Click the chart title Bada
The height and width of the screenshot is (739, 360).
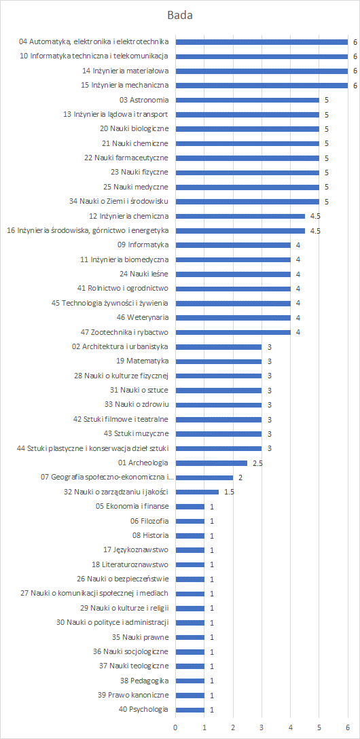point(180,16)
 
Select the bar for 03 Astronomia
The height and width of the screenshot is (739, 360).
point(247,100)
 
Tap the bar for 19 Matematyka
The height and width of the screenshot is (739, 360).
point(219,361)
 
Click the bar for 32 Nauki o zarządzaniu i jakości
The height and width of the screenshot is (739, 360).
point(197,492)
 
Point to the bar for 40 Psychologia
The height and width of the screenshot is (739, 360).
point(190,710)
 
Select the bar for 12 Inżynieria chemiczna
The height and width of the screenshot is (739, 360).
point(240,216)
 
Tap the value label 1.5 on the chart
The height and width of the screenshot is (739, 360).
point(229,492)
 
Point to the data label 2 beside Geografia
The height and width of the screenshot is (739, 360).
point(240,477)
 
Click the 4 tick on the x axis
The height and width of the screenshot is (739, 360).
point(290,727)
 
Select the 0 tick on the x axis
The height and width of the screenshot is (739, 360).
point(175,727)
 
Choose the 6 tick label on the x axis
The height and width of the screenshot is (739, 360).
point(348,727)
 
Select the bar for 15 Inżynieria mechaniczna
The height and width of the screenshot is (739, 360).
point(262,86)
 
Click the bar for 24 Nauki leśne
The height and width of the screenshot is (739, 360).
point(233,274)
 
